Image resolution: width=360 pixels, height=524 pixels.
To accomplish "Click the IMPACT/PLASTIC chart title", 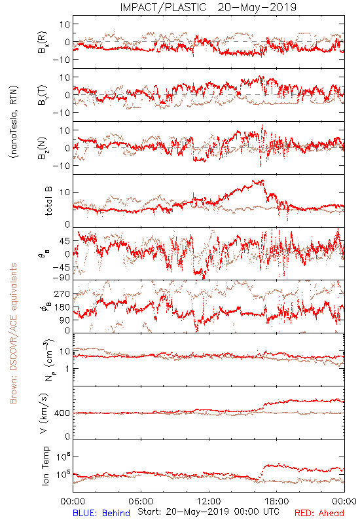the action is pos(163,7).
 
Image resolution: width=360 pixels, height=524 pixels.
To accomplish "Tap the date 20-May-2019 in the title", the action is pos(257,7).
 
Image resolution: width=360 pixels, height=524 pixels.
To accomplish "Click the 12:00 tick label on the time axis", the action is pos(209,501).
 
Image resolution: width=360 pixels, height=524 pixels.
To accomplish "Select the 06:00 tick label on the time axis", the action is pos(141,501).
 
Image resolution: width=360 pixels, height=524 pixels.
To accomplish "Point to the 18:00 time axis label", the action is pos(277,501).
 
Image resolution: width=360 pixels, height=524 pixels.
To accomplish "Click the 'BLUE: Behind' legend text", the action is pos(101,513).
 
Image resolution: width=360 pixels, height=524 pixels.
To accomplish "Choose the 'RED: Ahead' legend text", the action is pos(319,513).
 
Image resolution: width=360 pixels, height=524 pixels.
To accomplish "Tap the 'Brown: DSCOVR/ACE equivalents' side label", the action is pos(13,333).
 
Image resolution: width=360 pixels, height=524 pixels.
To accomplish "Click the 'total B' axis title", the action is pos(48,201).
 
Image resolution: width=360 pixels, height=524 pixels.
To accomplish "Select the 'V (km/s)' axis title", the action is pos(45,413).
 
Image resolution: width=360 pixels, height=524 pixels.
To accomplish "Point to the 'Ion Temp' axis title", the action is pos(45,466).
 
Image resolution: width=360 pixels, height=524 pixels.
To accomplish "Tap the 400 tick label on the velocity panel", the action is pos(62,413).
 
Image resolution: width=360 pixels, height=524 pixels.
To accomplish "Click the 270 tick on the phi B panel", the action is pos(62,294).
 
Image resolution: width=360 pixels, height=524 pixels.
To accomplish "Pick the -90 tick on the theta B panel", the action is pos(62,278).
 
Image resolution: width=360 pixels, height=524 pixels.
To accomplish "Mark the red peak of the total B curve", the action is pos(262,181).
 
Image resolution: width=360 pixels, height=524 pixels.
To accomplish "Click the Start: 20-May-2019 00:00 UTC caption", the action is pos(208,512).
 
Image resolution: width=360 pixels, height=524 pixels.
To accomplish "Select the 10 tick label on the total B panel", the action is pos(65,193).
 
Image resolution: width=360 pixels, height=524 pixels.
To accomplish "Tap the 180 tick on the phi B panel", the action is pos(62,307).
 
